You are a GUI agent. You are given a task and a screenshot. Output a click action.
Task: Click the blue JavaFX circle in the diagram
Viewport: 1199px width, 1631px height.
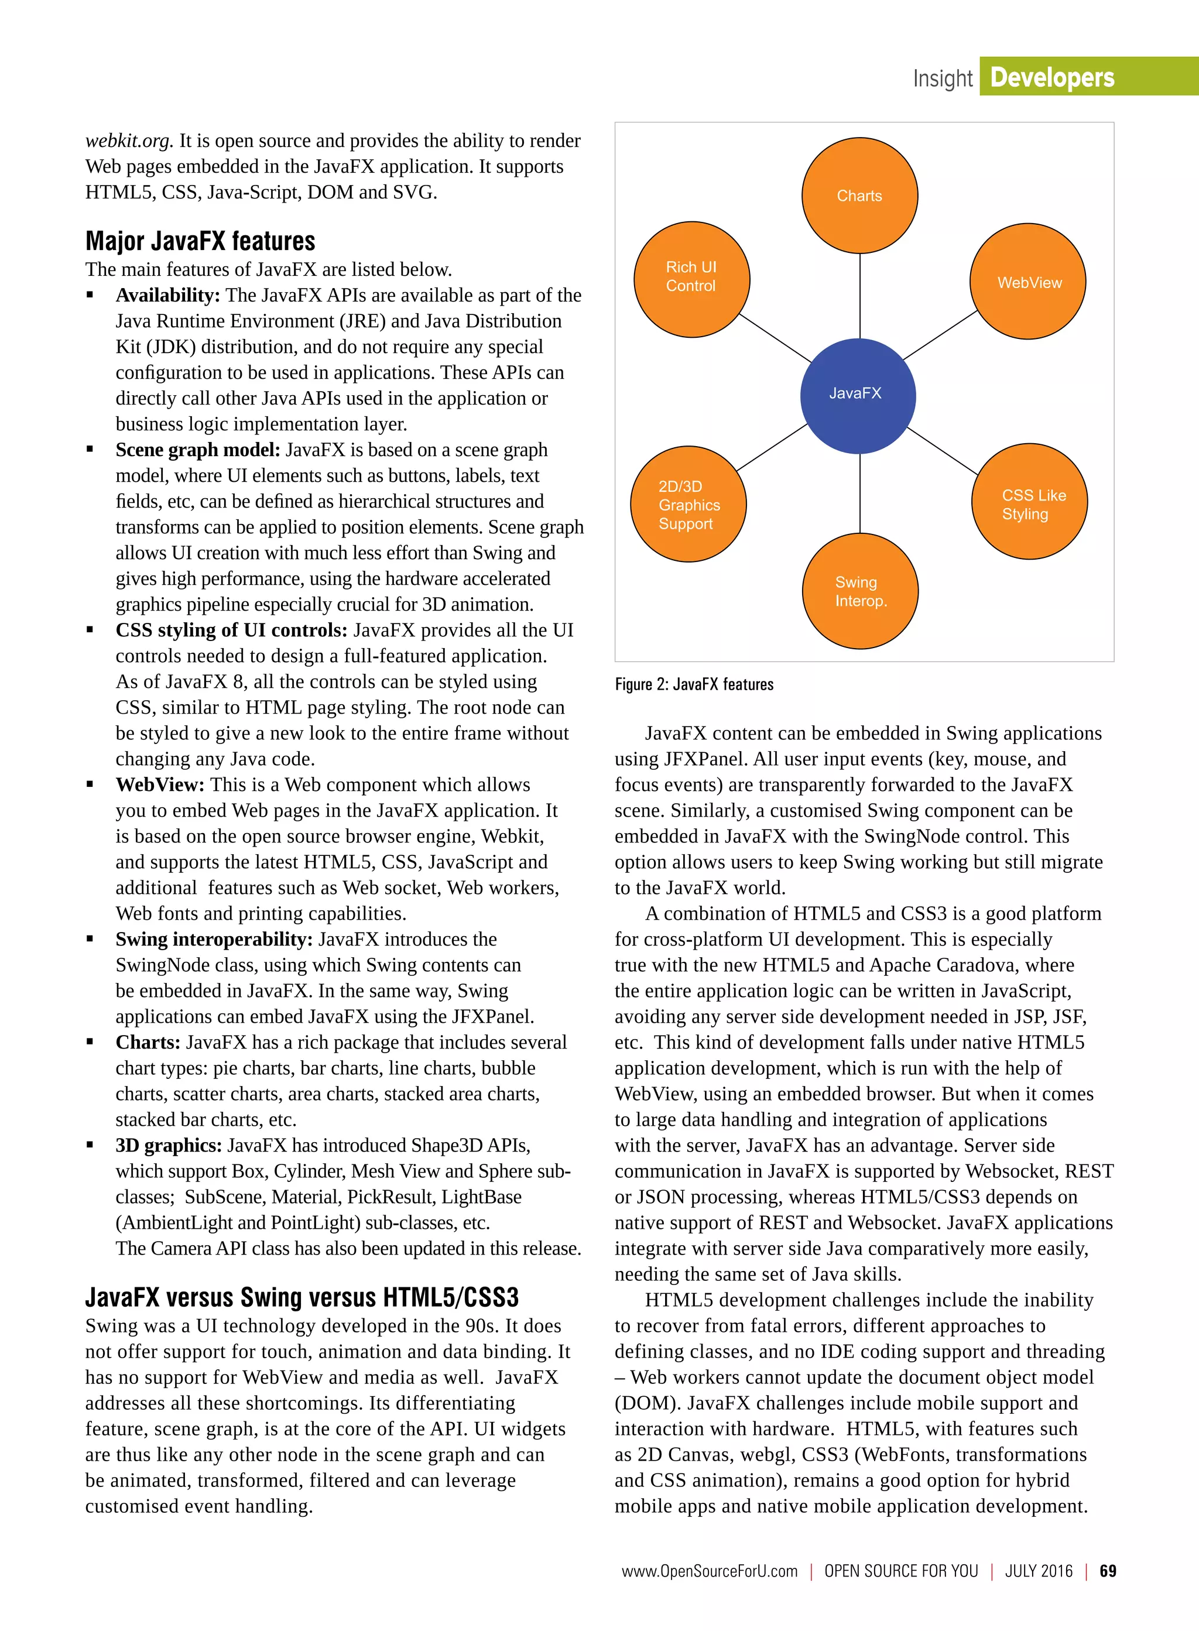(x=858, y=396)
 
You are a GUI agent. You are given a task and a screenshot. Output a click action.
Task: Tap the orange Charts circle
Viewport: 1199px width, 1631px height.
(x=859, y=196)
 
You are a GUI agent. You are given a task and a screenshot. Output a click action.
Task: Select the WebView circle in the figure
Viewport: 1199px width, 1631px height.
(x=1027, y=282)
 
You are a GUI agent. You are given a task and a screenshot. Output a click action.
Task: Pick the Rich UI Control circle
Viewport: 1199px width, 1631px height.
(x=691, y=279)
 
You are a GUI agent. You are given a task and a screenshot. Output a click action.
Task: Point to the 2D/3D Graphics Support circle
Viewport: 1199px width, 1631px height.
(x=688, y=505)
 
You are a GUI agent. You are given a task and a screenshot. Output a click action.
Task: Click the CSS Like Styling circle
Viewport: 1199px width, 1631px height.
(x=1029, y=502)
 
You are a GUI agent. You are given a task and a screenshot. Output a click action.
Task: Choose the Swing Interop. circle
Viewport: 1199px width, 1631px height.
(x=860, y=591)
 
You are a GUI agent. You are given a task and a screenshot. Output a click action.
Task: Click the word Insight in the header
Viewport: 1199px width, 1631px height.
(x=942, y=78)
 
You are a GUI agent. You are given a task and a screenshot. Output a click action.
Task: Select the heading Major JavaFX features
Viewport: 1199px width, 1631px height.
(x=200, y=241)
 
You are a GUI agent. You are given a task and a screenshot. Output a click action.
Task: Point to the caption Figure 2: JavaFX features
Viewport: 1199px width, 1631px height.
(x=694, y=684)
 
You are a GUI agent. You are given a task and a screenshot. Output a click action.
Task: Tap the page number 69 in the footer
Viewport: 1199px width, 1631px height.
(x=1108, y=1571)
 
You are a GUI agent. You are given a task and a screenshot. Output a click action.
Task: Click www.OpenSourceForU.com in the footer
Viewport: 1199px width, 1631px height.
(x=709, y=1571)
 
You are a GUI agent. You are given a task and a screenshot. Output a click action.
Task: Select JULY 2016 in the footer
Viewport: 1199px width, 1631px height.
(x=1039, y=1571)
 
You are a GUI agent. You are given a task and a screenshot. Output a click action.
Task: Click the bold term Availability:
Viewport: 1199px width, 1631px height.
(x=167, y=296)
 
